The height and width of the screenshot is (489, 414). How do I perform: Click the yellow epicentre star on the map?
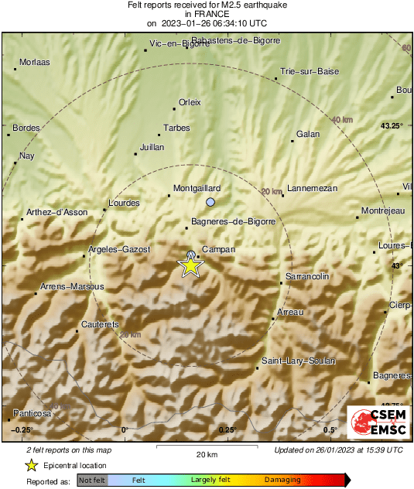coord(190,265)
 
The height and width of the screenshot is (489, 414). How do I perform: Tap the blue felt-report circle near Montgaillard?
coord(210,202)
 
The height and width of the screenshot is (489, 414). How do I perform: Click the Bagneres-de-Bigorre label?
coord(233,222)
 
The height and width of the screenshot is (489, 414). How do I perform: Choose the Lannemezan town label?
coord(313,188)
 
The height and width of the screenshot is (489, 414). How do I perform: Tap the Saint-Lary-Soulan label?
coord(298,361)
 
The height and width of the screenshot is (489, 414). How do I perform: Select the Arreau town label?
coord(290,312)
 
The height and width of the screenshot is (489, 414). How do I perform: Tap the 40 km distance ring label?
coord(342,120)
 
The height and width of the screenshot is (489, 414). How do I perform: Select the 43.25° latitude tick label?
coord(392,125)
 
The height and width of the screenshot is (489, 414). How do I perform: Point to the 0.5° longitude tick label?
coord(330,429)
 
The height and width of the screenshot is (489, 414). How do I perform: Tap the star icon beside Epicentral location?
coord(31,465)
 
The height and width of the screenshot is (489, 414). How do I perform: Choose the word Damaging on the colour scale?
coord(282,480)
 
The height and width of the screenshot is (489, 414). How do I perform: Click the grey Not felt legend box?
coord(93,480)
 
